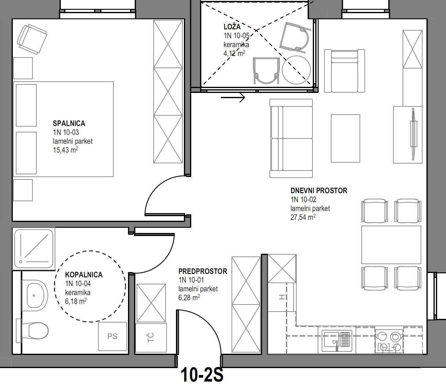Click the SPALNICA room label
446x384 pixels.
pyautogui.click(x=69, y=123)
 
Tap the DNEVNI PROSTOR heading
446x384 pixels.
pyautogui.click(x=319, y=190)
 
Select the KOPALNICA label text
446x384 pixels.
pyautogui.click(x=84, y=275)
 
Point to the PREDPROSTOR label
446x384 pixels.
pyautogui.click(x=203, y=271)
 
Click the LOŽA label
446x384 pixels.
pyautogui.click(x=232, y=27)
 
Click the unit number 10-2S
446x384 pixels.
pyautogui.click(x=202, y=375)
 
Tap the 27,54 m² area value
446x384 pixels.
pyautogui.click(x=303, y=217)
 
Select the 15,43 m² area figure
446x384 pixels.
pyautogui.click(x=65, y=150)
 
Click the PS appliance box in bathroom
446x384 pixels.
pyautogui.click(x=112, y=336)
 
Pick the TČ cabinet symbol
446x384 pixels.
pyautogui.click(x=151, y=338)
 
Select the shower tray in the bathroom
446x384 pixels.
pyautogui.click(x=34, y=249)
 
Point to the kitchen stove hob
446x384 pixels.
pyautogui.click(x=389, y=341)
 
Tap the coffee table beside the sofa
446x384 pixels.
pyautogui.click(x=345, y=138)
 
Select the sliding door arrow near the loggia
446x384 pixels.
pyautogui.click(x=233, y=98)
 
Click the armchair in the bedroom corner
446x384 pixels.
pyautogui.click(x=32, y=39)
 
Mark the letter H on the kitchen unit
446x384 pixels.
pyautogui.click(x=282, y=297)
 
